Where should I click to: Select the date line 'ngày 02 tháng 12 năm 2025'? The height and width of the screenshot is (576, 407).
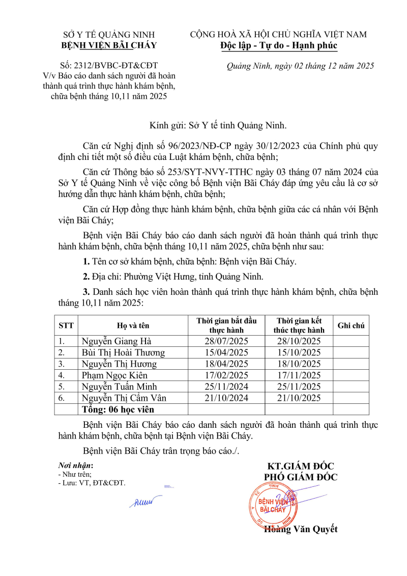click(300, 66)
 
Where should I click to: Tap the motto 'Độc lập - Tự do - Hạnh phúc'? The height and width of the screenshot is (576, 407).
click(278, 46)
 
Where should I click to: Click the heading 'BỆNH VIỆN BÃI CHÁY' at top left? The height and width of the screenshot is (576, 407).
click(109, 46)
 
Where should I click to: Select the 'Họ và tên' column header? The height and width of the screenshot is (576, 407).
click(133, 325)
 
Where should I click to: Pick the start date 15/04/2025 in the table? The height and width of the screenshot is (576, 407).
click(226, 352)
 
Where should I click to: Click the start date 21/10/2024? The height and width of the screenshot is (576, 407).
click(226, 398)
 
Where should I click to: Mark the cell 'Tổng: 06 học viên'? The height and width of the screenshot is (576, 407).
click(118, 409)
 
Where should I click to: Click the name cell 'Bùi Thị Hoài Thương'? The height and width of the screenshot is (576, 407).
click(123, 352)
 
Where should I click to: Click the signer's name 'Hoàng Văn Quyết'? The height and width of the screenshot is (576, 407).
click(301, 529)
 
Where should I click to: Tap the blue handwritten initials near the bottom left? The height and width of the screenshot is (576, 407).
click(144, 502)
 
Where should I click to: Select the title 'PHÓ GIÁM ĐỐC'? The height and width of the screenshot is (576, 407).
click(300, 477)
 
